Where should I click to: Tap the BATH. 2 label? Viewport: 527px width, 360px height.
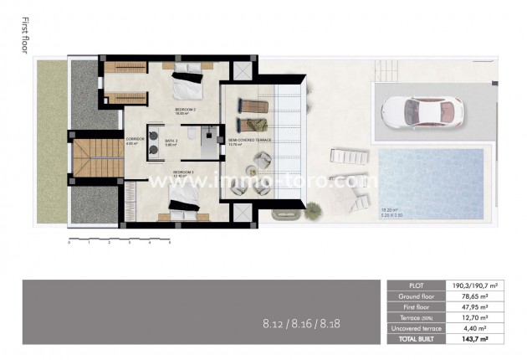(x=171, y=141)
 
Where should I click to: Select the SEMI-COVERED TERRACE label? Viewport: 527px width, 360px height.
(x=242, y=141)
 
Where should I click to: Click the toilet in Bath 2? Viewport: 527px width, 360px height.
(x=192, y=135)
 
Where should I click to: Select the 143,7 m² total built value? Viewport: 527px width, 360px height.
(x=473, y=339)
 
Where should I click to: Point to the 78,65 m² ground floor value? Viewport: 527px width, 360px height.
(x=473, y=296)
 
